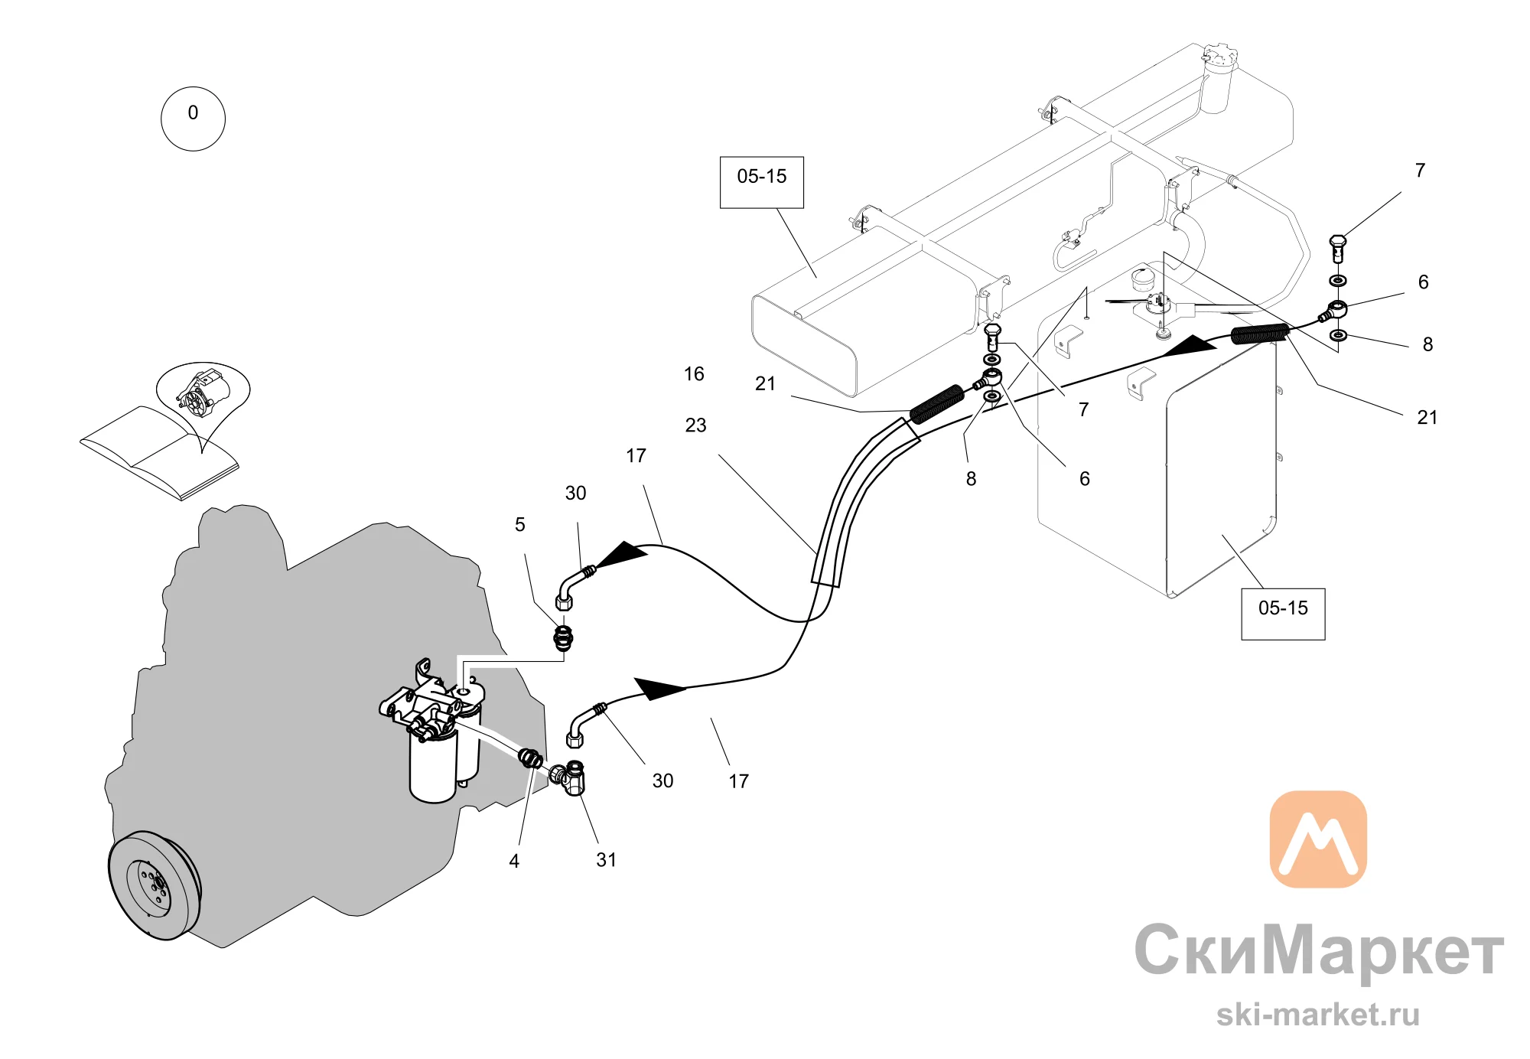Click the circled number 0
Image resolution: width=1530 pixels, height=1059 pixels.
[193, 119]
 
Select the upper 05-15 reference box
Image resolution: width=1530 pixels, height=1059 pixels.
[762, 182]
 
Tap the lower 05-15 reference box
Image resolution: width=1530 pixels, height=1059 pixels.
[1283, 614]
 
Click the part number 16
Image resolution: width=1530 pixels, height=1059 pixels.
[694, 374]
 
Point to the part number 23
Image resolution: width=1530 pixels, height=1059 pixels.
[695, 425]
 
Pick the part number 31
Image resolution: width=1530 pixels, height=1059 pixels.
[607, 860]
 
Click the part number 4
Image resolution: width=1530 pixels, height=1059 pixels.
[514, 862]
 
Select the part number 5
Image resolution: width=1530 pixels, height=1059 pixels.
[520, 525]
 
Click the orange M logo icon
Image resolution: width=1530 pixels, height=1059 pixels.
[1318, 839]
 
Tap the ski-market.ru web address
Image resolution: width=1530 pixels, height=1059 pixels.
[1318, 1015]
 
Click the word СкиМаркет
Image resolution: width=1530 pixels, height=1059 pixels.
[1319, 950]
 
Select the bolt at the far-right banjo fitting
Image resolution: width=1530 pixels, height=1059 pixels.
[1337, 249]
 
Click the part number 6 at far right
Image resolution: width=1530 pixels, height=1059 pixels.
[1423, 282]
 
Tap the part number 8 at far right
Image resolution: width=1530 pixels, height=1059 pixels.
[1427, 345]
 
